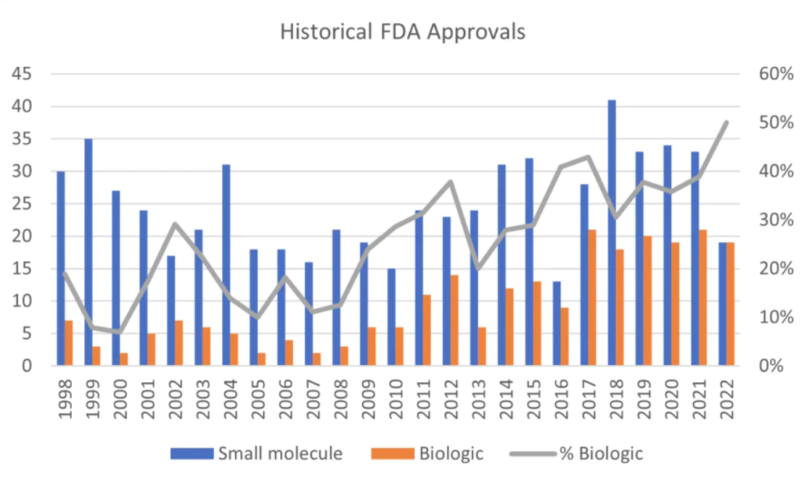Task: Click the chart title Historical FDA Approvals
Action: pyautogui.click(x=403, y=33)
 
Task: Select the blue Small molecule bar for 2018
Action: pyautogui.click(x=612, y=233)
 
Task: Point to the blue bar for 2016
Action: pyautogui.click(x=557, y=323)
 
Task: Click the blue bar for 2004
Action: pyautogui.click(x=226, y=265)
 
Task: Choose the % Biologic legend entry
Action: pyautogui.click(x=578, y=453)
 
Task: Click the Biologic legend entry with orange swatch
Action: pyautogui.click(x=428, y=453)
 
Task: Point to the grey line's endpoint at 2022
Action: pyautogui.click(x=726, y=122)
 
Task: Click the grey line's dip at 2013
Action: pyautogui.click(x=478, y=268)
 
